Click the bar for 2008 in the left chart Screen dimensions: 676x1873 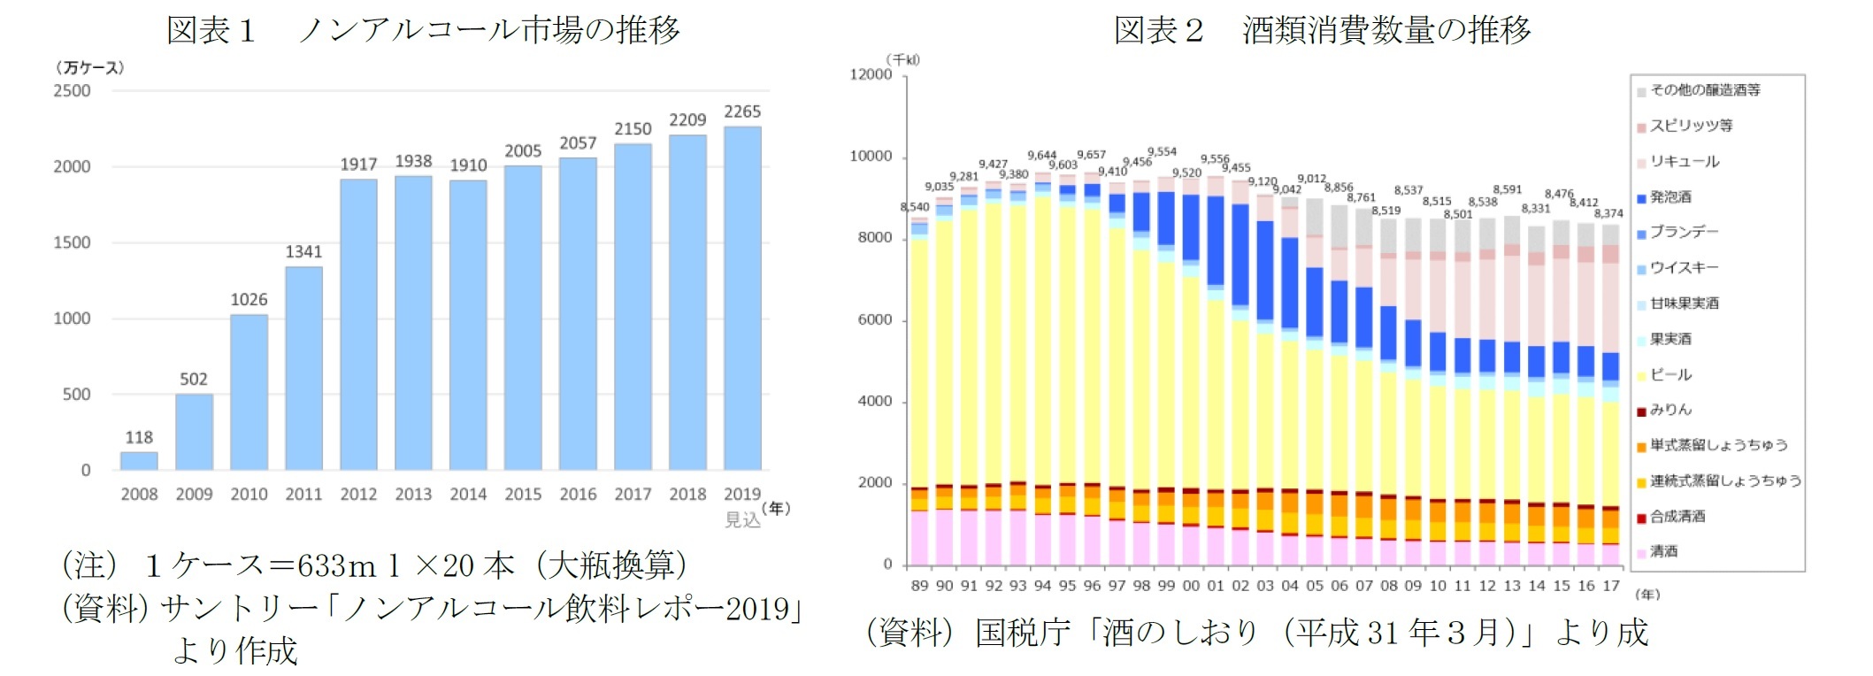click(x=139, y=461)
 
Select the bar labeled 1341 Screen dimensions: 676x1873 click(x=303, y=368)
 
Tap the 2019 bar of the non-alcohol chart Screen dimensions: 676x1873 click(x=742, y=298)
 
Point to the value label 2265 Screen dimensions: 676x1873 click(x=742, y=111)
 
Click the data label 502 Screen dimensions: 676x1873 click(x=194, y=380)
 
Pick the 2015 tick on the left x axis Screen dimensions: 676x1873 click(x=523, y=495)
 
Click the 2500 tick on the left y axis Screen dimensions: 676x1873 click(x=72, y=91)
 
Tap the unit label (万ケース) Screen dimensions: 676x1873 click(x=89, y=68)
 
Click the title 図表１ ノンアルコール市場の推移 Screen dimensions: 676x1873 click(x=423, y=31)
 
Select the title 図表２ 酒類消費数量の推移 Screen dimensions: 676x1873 click(x=1322, y=31)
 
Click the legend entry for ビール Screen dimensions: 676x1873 click(x=1670, y=375)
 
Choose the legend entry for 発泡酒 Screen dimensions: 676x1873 click(x=1670, y=197)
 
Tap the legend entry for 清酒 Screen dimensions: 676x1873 click(x=1663, y=552)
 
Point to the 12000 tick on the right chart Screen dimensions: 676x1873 click(x=871, y=75)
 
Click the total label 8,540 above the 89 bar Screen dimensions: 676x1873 click(x=915, y=207)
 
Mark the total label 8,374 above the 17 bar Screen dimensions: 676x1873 click(x=1608, y=213)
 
